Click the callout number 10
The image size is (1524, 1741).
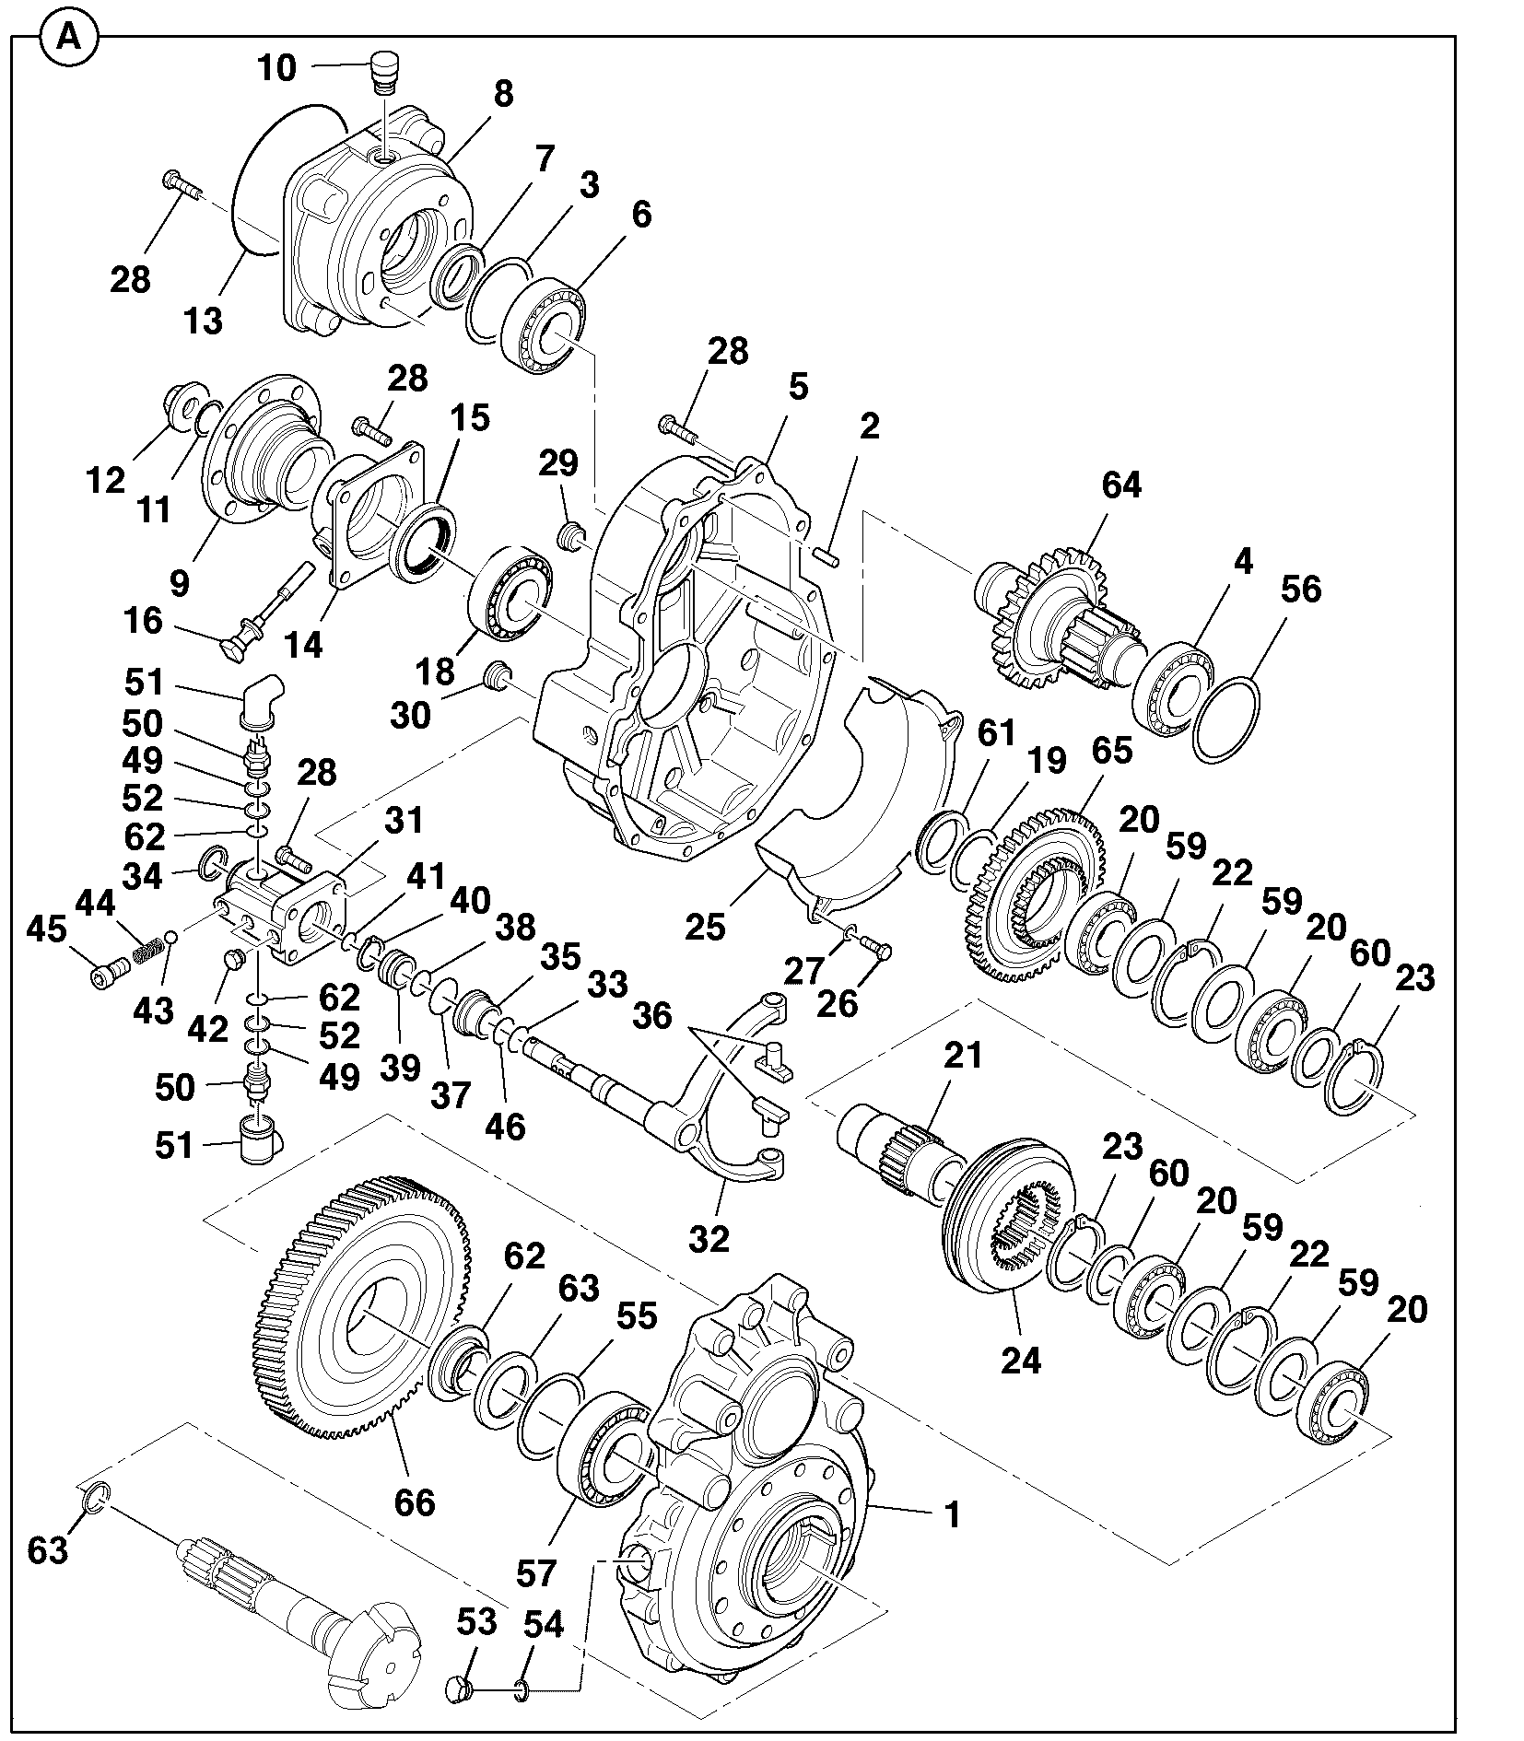click(276, 67)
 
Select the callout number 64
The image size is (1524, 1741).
click(1121, 485)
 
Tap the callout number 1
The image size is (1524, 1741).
click(953, 1513)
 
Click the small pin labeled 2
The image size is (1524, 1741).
click(827, 555)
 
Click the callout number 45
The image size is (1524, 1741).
click(48, 930)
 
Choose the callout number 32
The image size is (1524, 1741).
click(708, 1238)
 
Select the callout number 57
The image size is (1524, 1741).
click(536, 1572)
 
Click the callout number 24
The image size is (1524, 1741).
click(1021, 1360)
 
